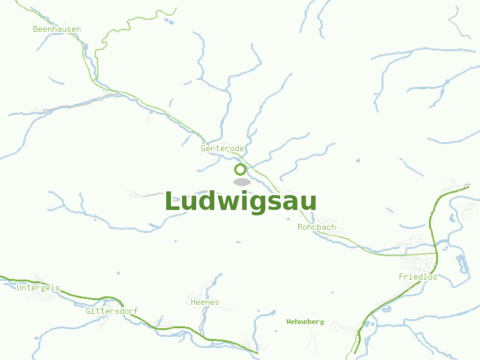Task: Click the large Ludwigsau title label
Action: [240, 202]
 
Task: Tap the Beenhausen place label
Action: [57, 29]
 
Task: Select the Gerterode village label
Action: [223, 148]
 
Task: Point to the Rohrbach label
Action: [317, 227]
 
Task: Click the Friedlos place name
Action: [418, 277]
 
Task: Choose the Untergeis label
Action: [38, 287]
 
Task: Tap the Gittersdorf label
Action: [112, 311]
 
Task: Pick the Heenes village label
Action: [205, 302]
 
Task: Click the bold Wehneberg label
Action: [305, 322]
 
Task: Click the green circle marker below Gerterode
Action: [241, 169]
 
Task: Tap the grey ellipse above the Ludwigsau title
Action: [242, 182]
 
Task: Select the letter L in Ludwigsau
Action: [172, 202]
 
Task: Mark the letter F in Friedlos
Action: [401, 277]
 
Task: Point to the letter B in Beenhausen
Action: [36, 29]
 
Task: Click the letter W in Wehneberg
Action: [289, 322]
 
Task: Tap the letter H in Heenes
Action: [193, 302]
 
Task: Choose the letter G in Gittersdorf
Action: [88, 311]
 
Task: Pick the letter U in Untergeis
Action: [20, 287]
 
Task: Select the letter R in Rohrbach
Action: [301, 227]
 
